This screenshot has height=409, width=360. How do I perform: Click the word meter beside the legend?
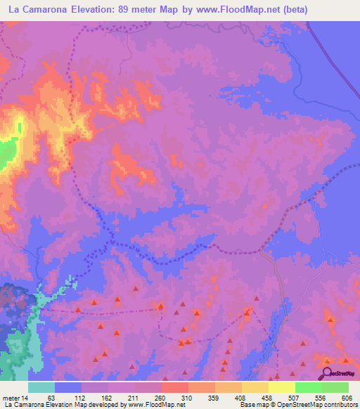(x=11, y=397)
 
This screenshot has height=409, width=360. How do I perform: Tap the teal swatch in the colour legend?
(x=41, y=387)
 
